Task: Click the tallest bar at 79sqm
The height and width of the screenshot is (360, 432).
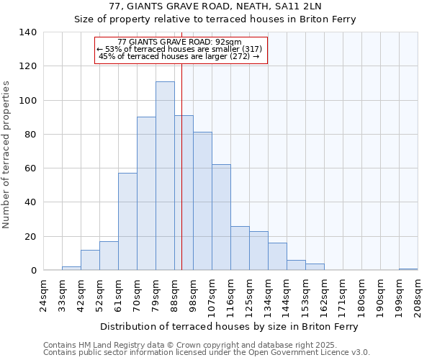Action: [165, 176]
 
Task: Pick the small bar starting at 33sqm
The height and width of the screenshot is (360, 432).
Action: [71, 268]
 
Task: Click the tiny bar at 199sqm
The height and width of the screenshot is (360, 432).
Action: [408, 269]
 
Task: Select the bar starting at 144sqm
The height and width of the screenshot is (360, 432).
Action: [296, 265]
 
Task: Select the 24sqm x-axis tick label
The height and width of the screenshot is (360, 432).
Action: [44, 292]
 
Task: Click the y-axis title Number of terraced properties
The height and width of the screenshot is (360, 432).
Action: [6, 155]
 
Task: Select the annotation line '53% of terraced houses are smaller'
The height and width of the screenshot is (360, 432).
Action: [180, 49]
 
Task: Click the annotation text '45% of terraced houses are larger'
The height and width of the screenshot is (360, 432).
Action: [180, 56]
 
